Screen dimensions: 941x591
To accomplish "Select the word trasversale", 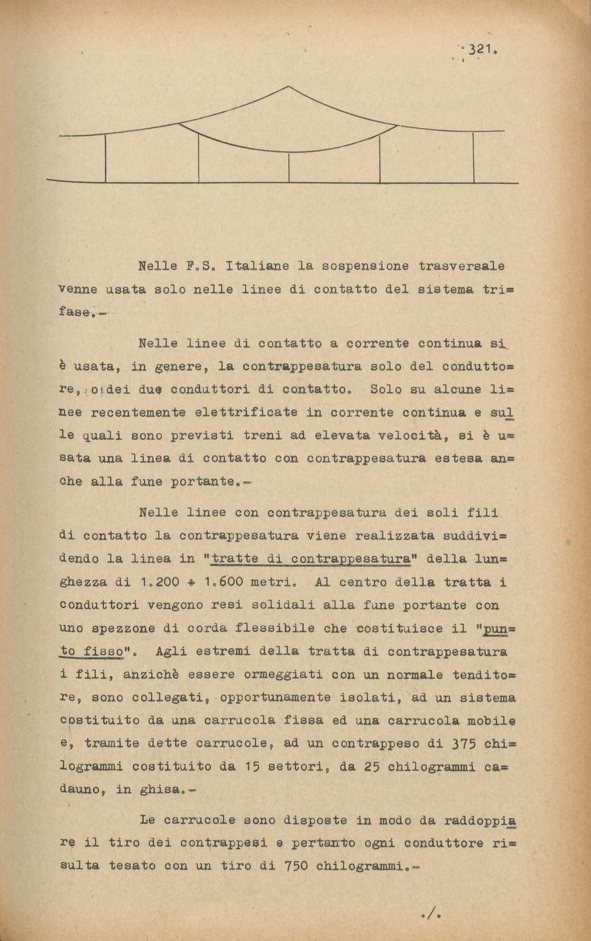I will [462, 266].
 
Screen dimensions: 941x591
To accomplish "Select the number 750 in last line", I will [295, 866].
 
